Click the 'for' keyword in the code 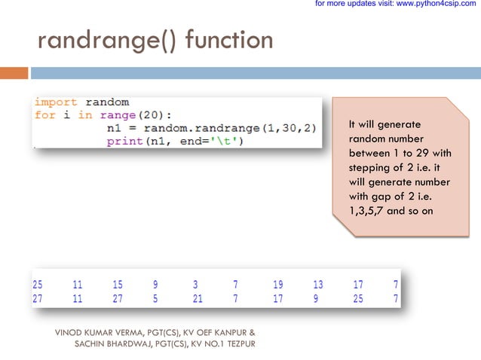tap(44, 114)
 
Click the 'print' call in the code tap(123, 141)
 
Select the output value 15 tap(117, 285)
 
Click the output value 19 tap(278, 285)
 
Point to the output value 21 tap(198, 299)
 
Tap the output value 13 tap(318, 285)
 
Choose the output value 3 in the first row tap(195, 285)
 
